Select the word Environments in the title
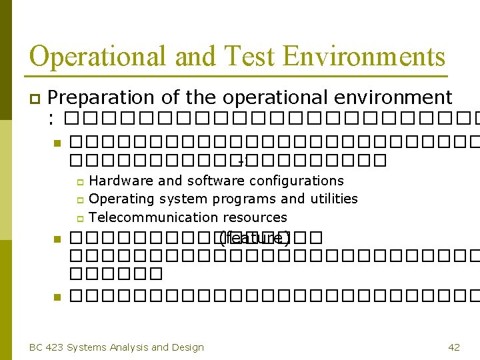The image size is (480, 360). click(x=364, y=57)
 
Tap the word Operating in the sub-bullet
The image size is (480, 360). click(x=117, y=199)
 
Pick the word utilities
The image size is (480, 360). click(x=333, y=199)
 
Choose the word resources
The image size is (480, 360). click(x=255, y=217)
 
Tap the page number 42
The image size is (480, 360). click(x=454, y=347)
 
